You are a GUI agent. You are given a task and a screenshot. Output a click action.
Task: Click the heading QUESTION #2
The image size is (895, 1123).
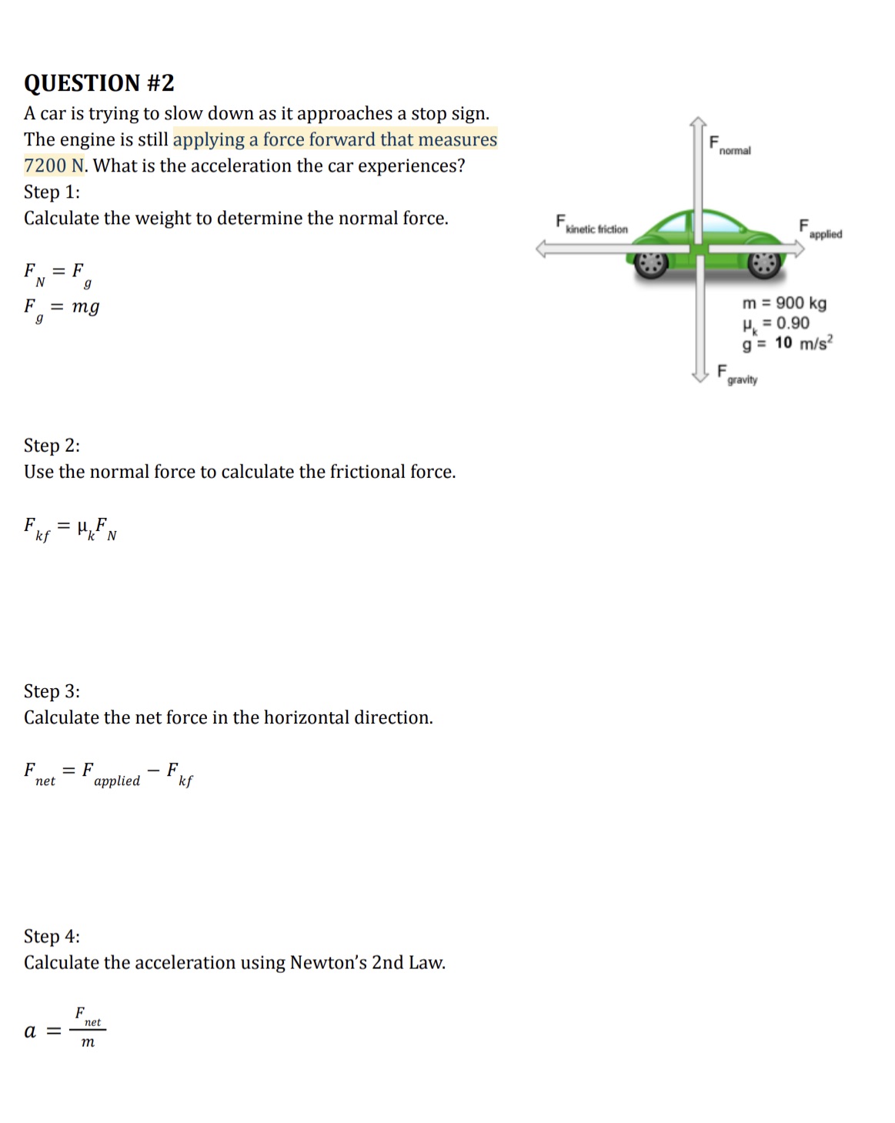pyautogui.click(x=99, y=82)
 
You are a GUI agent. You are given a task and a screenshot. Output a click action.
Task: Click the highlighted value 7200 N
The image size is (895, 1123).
pyautogui.click(x=54, y=165)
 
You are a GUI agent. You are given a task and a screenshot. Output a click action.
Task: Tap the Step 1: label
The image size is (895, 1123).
pyautogui.click(x=52, y=192)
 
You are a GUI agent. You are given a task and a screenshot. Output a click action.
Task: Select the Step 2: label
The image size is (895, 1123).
pyautogui.click(x=52, y=446)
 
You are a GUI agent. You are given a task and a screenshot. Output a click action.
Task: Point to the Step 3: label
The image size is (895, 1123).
pyautogui.click(x=52, y=691)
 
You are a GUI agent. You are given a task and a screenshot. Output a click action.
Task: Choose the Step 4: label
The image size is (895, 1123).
pyautogui.click(x=52, y=937)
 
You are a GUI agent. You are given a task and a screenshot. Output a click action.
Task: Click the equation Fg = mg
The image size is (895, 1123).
pyautogui.click(x=62, y=308)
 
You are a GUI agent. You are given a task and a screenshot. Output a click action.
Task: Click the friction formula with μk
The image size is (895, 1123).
pyautogui.click(x=70, y=529)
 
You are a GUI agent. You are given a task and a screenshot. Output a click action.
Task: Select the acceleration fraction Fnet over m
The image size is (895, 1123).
pyautogui.click(x=87, y=1028)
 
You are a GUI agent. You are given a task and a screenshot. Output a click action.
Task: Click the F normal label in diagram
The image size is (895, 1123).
pyautogui.click(x=730, y=145)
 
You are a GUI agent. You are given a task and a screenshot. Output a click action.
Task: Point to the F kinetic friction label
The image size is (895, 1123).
pyautogui.click(x=591, y=225)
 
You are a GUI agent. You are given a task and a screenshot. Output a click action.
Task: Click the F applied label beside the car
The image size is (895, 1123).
pyautogui.click(x=820, y=229)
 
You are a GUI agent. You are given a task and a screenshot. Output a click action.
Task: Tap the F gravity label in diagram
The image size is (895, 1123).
pyautogui.click(x=737, y=375)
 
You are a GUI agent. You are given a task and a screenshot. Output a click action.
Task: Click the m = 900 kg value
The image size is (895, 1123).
pyautogui.click(x=784, y=302)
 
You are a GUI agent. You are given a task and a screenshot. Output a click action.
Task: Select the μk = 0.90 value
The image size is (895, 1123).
pyautogui.click(x=776, y=323)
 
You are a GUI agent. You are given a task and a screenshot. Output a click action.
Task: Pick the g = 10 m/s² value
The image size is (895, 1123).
pyautogui.click(x=787, y=343)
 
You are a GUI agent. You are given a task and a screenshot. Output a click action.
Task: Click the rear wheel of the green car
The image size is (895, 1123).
pyautogui.click(x=652, y=263)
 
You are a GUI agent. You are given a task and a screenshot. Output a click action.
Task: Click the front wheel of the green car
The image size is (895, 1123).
pyautogui.click(x=765, y=263)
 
